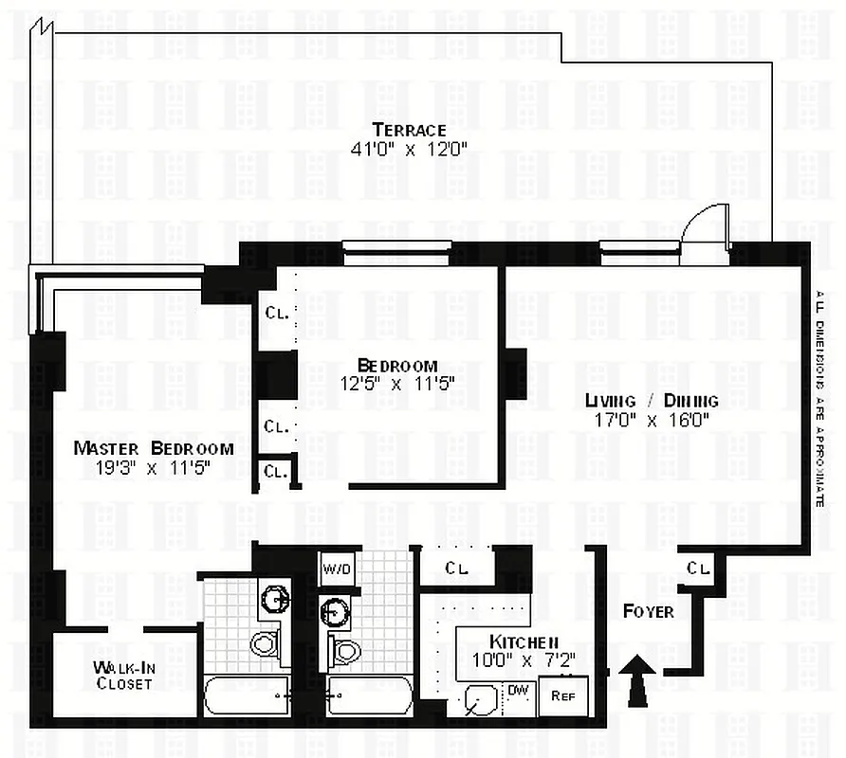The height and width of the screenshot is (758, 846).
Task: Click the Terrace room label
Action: click(x=409, y=130)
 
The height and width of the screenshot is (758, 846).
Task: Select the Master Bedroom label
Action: click(x=153, y=448)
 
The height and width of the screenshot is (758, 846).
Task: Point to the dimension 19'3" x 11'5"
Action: click(x=153, y=466)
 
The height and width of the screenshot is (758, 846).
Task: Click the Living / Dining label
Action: click(x=651, y=400)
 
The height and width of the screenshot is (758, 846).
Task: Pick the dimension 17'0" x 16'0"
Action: click(x=651, y=419)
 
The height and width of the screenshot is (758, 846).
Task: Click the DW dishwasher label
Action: click(x=518, y=689)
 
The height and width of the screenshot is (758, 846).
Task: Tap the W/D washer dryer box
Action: click(x=336, y=569)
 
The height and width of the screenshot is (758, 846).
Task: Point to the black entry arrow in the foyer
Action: click(x=638, y=683)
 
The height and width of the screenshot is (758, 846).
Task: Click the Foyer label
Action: click(x=648, y=611)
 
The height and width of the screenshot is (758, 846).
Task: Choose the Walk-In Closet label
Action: click(x=124, y=675)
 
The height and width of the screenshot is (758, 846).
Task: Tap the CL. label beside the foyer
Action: click(x=698, y=568)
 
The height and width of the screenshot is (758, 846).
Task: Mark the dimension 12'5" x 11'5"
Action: click(x=397, y=384)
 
